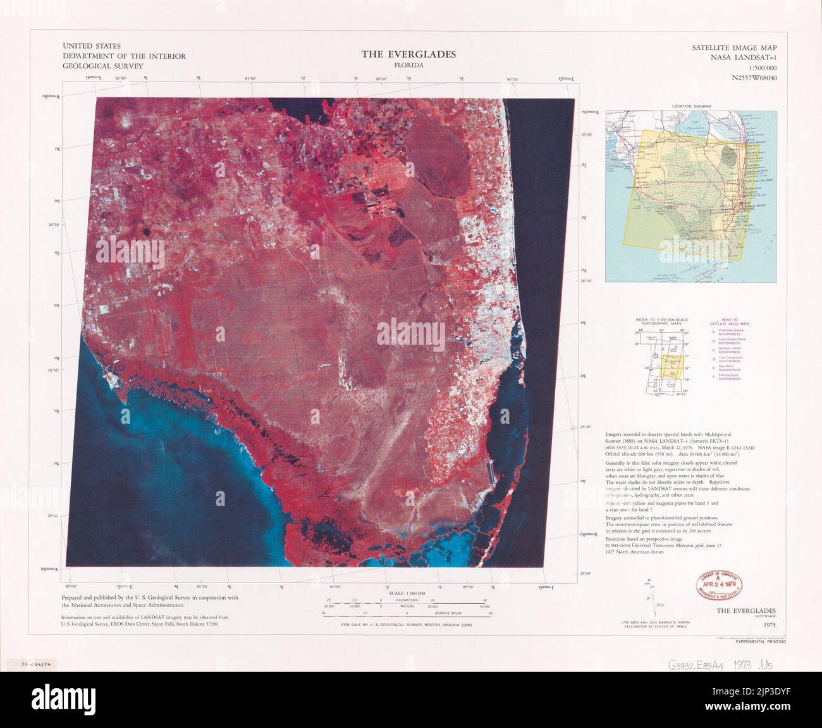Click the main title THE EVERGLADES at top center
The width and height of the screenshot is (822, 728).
click(x=408, y=54)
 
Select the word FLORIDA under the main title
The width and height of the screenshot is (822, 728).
click(x=408, y=66)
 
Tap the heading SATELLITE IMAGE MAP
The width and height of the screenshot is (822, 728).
click(x=734, y=48)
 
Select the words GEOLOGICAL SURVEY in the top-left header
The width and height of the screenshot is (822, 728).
click(x=103, y=66)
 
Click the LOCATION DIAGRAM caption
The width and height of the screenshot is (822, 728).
click(x=692, y=106)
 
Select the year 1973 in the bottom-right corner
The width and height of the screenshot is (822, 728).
click(x=769, y=624)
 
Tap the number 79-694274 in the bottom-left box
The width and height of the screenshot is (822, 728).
click(x=36, y=665)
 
